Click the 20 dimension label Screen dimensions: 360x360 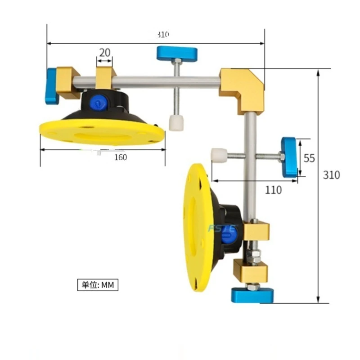point(105,53)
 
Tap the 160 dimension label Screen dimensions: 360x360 point(120,157)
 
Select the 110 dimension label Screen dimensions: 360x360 point(273,190)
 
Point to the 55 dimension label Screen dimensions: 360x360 point(309,158)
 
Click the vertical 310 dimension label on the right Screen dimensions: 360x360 point(332,175)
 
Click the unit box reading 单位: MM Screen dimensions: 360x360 point(97,285)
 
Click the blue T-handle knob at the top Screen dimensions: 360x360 point(177,53)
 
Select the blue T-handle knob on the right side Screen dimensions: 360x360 point(289,157)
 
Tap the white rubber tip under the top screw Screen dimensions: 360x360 point(175,122)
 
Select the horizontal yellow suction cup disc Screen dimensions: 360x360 point(102,132)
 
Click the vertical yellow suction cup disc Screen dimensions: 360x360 point(197,227)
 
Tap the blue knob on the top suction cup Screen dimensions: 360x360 point(98,103)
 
